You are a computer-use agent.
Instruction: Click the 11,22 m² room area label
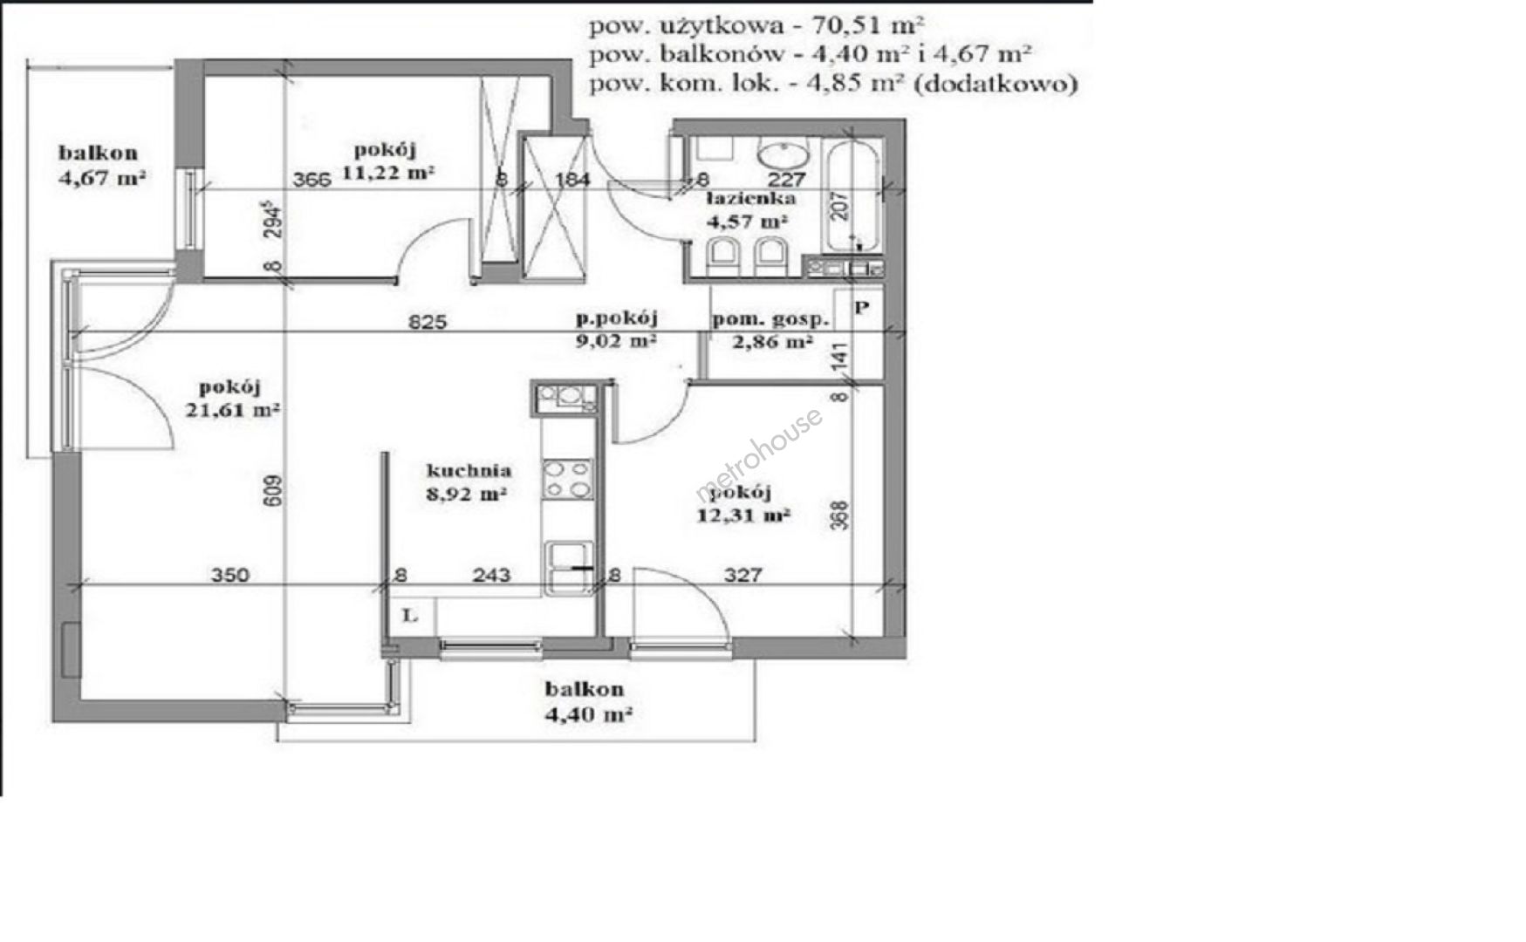coord(388,173)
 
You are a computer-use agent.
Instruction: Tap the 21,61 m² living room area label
coord(232,409)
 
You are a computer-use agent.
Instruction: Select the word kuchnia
coord(469,471)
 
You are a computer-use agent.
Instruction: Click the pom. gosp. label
coord(770,319)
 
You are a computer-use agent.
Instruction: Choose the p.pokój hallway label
coord(616,317)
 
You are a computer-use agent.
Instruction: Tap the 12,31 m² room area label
coord(743,515)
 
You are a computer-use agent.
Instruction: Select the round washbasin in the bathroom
coord(784,155)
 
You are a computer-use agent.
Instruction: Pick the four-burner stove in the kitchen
coord(568,480)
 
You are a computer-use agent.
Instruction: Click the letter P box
coord(861,308)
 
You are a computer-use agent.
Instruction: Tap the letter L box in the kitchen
coord(410,616)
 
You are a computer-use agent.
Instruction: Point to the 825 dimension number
coord(428,322)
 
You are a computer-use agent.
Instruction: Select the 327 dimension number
coord(742,575)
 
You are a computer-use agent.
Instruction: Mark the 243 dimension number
coord(492,575)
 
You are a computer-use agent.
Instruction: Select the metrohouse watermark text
coord(759,455)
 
